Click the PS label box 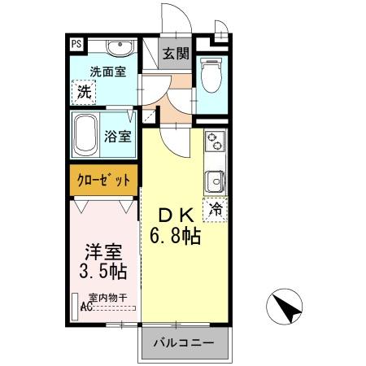(x=75, y=44)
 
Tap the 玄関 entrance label (x=176, y=55)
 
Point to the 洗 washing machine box (x=85, y=92)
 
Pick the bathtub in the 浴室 (x=87, y=136)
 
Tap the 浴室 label (x=119, y=137)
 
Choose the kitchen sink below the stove (x=215, y=179)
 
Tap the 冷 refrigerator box (x=216, y=208)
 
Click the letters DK (x=176, y=216)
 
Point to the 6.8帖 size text (x=175, y=237)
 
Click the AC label (x=87, y=307)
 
